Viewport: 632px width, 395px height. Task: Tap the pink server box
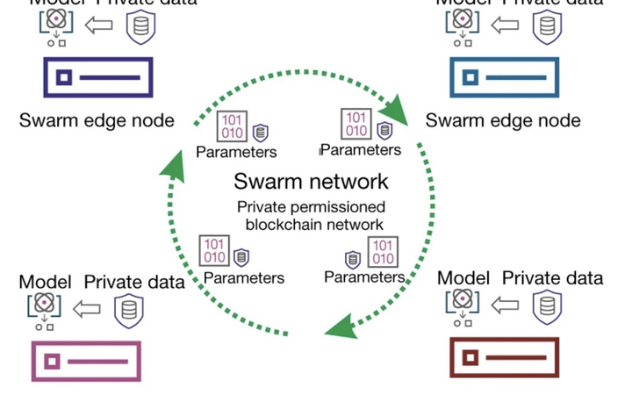pos(85,360)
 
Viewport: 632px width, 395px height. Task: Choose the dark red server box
pos(503,358)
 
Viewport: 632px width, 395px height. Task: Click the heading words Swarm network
pos(311,182)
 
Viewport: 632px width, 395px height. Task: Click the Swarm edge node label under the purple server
pos(97,119)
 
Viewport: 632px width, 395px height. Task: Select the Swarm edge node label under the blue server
pos(503,119)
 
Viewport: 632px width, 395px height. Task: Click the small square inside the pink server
pos(53,361)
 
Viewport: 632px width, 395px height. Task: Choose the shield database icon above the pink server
pos(128,308)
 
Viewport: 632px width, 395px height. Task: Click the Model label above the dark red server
pos(463,278)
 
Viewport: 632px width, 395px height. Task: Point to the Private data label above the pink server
pos(134,282)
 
